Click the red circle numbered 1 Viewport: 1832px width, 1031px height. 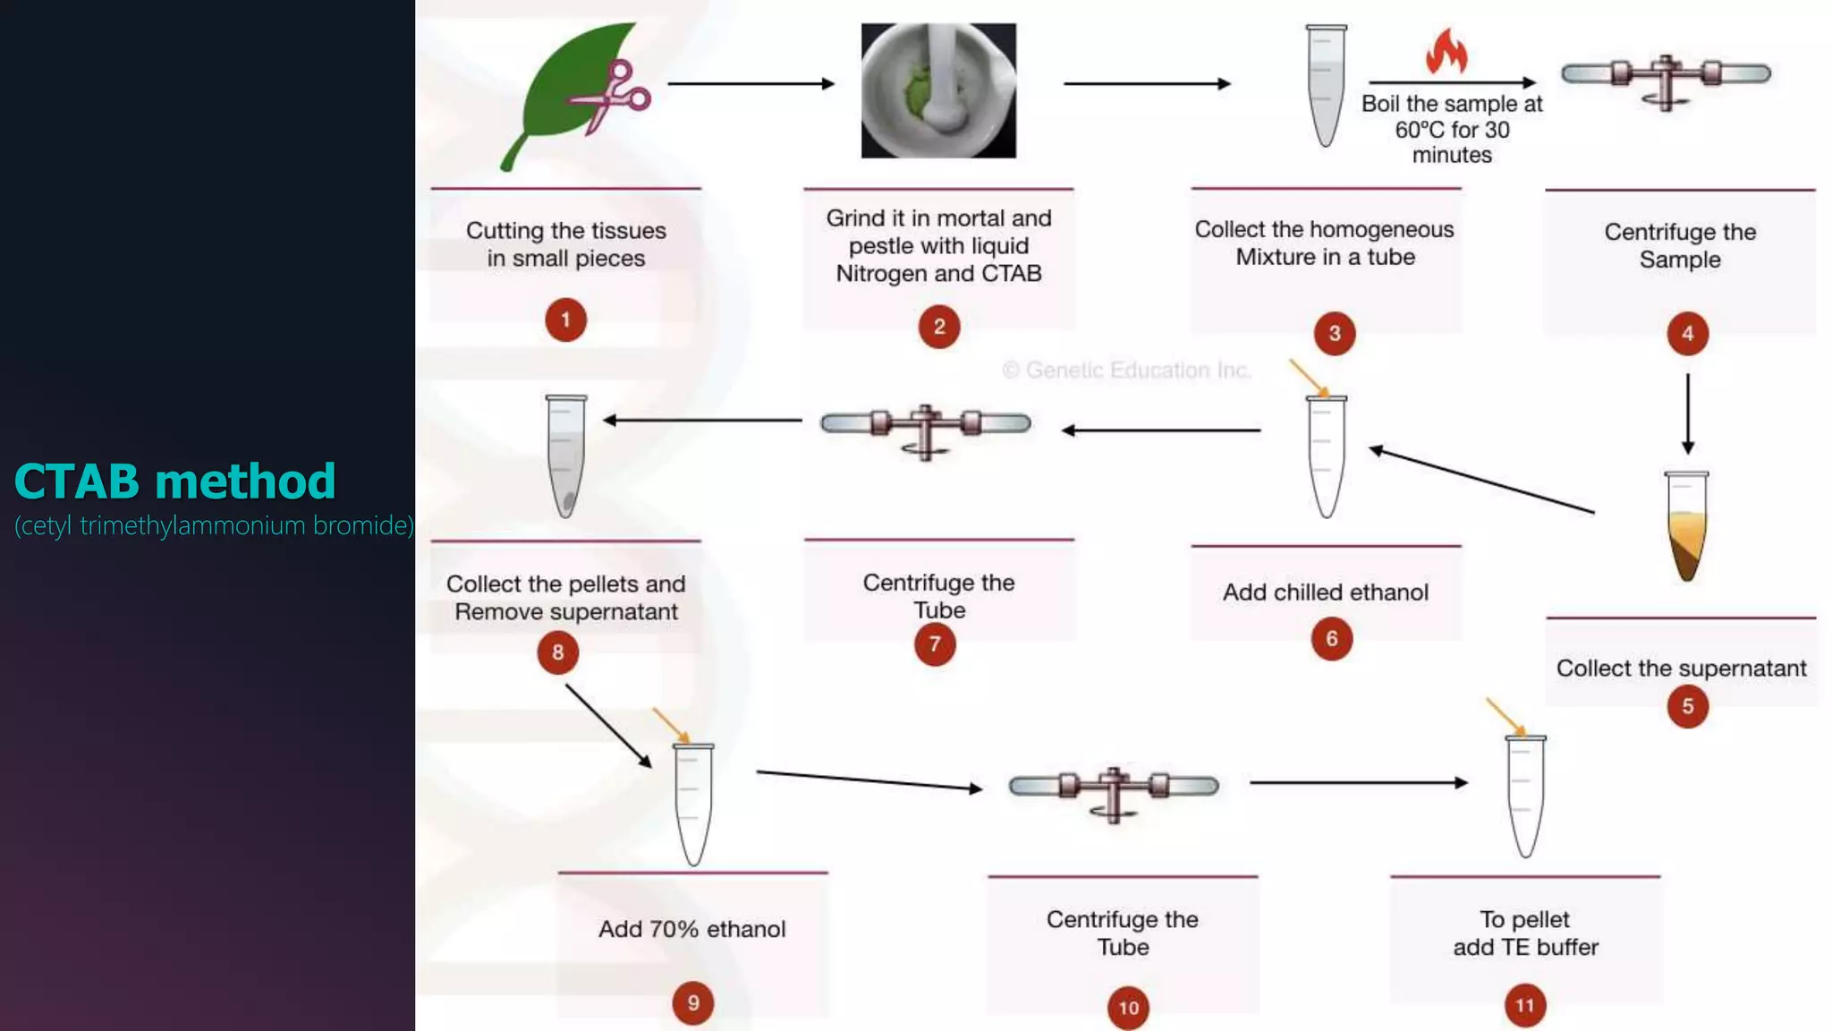[565, 320]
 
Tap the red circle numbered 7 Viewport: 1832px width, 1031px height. [935, 644]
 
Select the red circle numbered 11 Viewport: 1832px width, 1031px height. [1525, 1005]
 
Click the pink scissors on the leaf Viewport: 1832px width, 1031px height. [614, 96]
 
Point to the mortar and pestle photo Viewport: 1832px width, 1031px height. [938, 90]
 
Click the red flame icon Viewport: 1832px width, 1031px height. [1446, 51]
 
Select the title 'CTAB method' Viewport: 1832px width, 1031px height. [175, 481]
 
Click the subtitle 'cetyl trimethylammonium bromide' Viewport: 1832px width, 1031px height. [214, 525]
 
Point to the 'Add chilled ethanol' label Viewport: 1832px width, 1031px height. [1326, 592]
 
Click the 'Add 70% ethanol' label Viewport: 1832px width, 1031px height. [691, 929]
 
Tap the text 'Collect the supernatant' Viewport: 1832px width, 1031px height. [1681, 669]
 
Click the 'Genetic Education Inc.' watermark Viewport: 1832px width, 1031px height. [1126, 370]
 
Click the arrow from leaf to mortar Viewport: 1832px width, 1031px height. [750, 84]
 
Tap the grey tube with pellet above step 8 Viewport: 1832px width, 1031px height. [566, 456]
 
